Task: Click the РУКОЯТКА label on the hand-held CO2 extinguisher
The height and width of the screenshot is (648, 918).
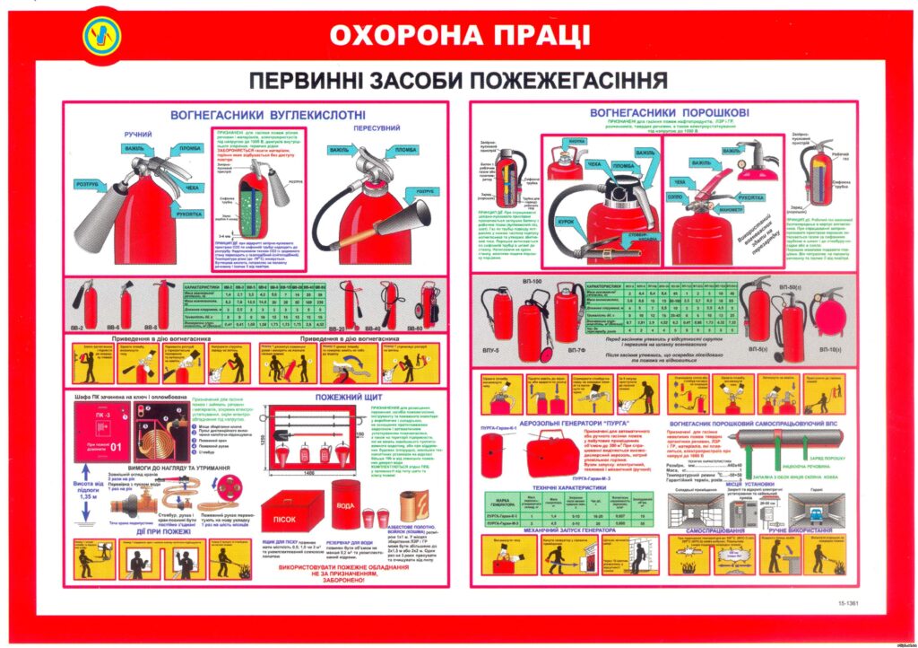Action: click(189, 214)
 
